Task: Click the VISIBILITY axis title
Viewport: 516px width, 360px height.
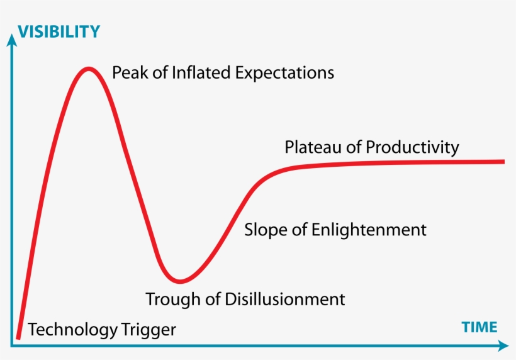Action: [x=59, y=32]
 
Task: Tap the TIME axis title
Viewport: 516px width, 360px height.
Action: [x=479, y=327]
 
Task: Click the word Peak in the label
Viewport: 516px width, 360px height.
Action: [x=130, y=72]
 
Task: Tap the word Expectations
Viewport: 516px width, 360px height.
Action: [x=284, y=73]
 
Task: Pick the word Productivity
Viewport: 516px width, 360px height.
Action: [x=412, y=148]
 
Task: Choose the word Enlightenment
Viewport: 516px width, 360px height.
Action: [x=369, y=230]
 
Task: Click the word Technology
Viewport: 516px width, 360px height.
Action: [x=73, y=330]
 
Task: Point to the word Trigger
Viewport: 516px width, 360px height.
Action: [x=149, y=330]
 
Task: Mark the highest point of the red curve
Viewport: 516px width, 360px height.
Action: [x=89, y=68]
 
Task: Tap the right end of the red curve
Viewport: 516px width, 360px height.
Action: [x=504, y=161]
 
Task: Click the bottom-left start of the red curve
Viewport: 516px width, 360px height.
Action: [x=18, y=338]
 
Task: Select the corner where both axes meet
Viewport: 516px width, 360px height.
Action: [x=11, y=346]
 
